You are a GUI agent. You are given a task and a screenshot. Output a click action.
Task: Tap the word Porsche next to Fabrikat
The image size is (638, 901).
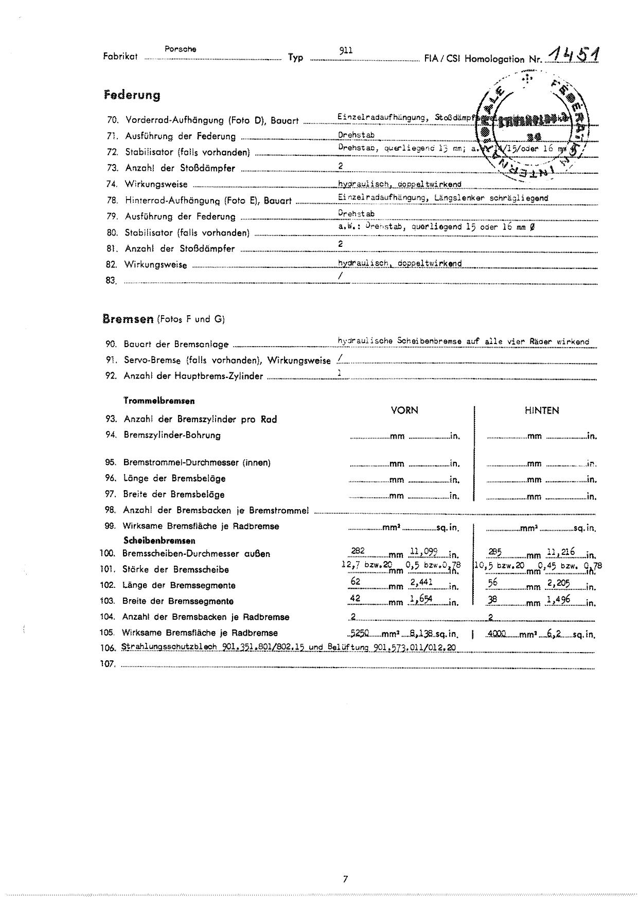[180, 49]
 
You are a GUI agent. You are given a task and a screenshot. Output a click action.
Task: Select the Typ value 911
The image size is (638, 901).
[346, 50]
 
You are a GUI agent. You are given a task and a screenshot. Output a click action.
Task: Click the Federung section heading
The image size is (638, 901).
[132, 95]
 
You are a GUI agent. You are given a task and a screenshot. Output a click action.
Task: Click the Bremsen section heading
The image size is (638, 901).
[128, 319]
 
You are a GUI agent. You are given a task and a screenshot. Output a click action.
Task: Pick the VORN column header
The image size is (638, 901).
[404, 410]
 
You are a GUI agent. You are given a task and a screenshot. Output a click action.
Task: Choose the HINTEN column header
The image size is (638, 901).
[542, 410]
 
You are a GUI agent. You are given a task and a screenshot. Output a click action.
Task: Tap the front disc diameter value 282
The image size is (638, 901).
[358, 551]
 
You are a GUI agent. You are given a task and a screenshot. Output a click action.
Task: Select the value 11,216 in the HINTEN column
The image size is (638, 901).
[560, 552]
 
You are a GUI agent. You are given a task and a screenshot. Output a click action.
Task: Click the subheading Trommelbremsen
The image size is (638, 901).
[159, 401]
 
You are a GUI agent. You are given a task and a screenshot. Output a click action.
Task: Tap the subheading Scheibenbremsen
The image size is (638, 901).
[159, 540]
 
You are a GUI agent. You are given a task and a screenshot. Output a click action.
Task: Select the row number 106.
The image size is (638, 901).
[108, 648]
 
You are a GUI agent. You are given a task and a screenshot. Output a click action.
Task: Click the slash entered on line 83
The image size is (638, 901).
[340, 276]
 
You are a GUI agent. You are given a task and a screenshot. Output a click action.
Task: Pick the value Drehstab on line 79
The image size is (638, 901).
[356, 213]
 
